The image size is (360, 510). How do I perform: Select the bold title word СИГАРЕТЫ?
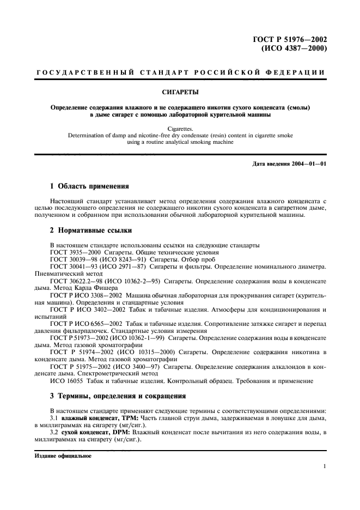click(180, 92)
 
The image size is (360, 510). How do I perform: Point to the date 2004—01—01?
click(309, 164)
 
